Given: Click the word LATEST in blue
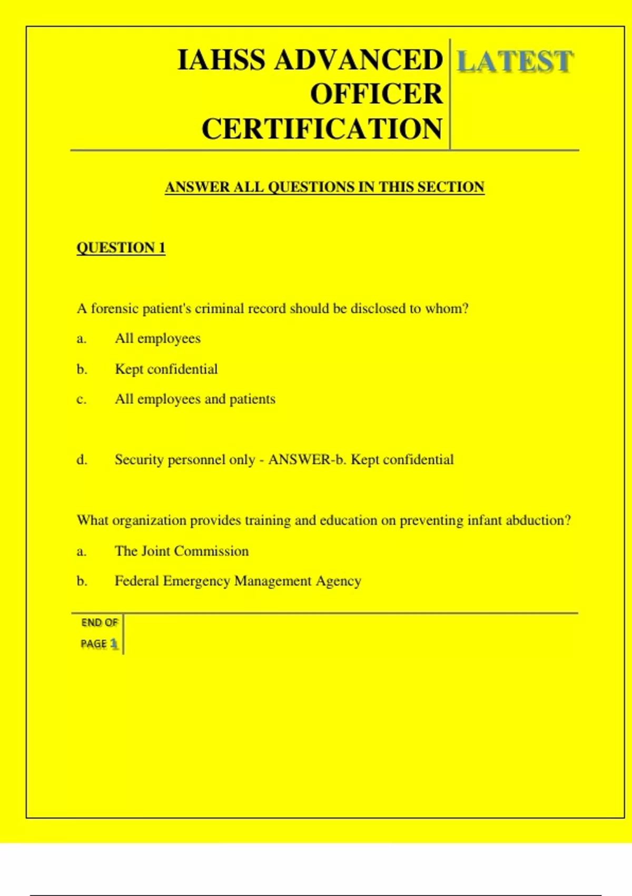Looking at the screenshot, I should coord(515,62).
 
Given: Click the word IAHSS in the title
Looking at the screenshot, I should coord(222,60).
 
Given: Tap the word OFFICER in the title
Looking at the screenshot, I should coord(377,94).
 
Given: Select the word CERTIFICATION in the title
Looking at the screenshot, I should coord(322,129).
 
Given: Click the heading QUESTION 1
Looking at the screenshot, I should coord(121,248).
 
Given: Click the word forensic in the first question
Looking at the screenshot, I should coord(115,308).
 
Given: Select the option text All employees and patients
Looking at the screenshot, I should coord(195,399).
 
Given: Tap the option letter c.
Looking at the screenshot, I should coord(81,400).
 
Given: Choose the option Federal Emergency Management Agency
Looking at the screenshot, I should coord(238,581).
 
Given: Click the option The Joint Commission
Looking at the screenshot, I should coord(182,551).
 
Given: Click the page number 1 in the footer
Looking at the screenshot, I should coord(113,644).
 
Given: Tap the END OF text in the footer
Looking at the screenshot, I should coord(99,622).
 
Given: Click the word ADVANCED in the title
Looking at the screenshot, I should coord(359,60).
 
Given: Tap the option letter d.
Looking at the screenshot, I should coord(82,460).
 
